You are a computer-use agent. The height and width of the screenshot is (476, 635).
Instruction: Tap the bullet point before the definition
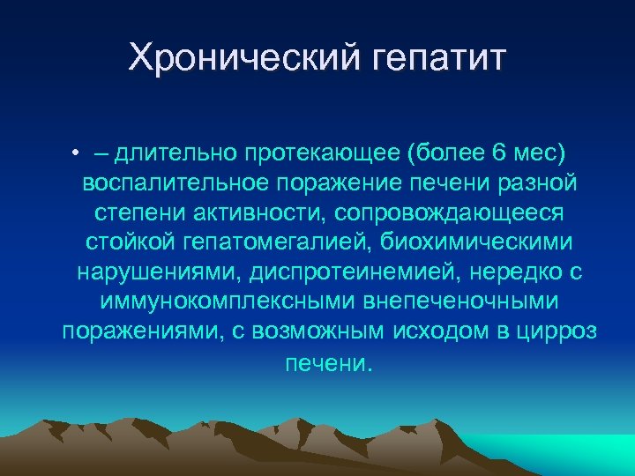pos(78,153)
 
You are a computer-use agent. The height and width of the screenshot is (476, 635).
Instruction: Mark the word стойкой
pos(124,242)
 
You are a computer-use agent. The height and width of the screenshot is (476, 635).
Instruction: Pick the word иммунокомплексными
pos(223,302)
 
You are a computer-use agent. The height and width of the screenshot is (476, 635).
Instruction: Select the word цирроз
pos(561,332)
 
